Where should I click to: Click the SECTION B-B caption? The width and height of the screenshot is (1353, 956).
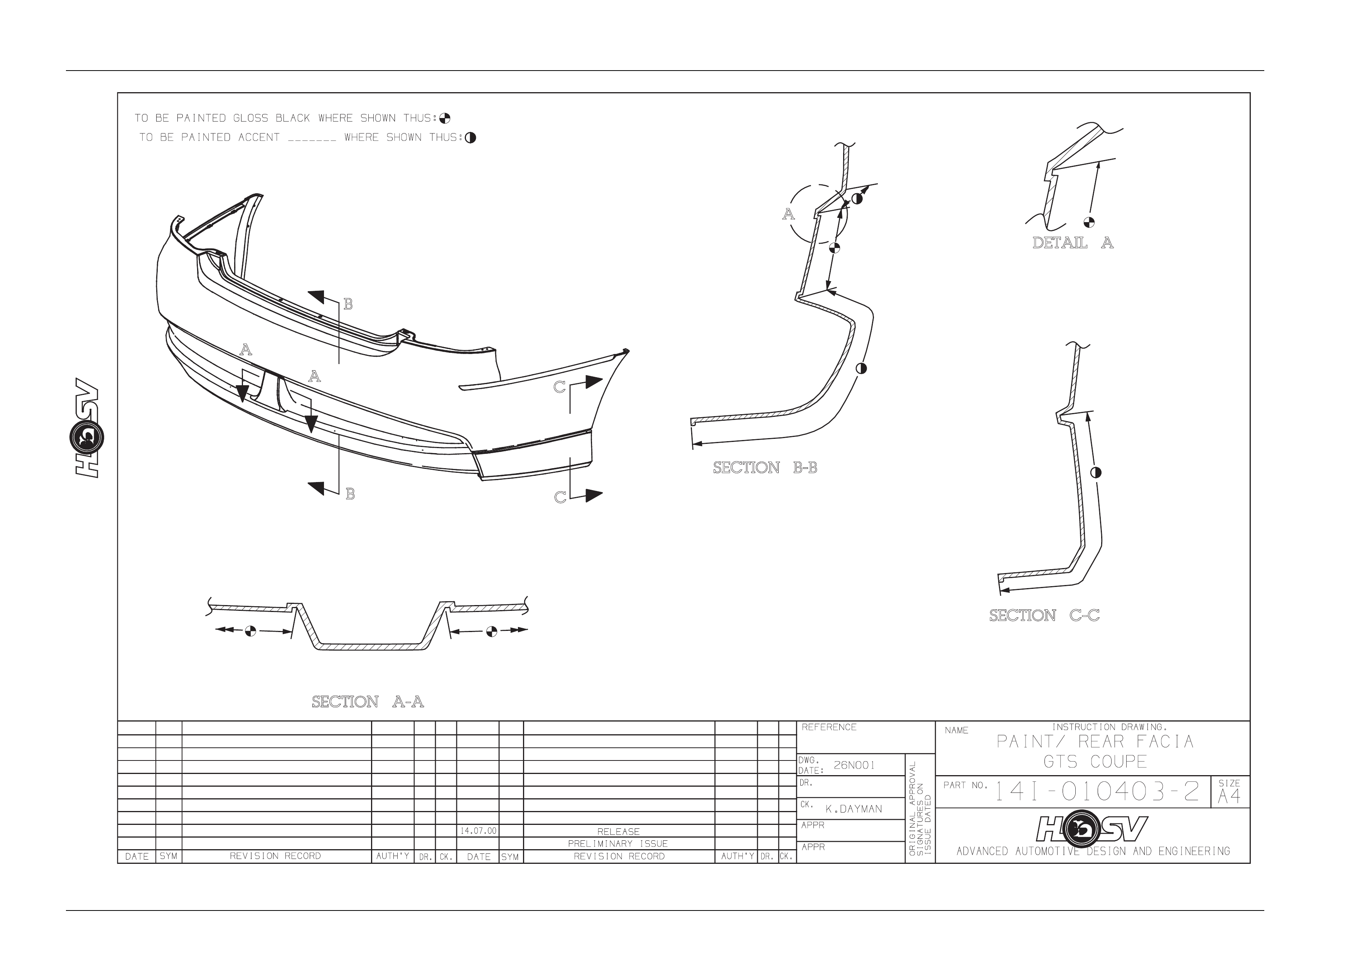tap(765, 468)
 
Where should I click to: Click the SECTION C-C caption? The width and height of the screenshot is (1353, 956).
tap(1044, 615)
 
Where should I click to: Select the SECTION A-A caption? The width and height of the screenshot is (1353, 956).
tap(368, 702)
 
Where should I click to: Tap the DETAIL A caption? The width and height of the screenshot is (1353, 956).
tap(1073, 243)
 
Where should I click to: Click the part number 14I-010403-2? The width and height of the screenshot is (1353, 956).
tap(1097, 792)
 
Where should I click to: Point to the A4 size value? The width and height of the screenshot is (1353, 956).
tap(1229, 797)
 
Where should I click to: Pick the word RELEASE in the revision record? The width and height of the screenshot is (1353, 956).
tap(618, 832)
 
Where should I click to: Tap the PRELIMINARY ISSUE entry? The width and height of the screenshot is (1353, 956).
tap(617, 843)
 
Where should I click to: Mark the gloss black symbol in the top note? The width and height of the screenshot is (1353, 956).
tap(445, 118)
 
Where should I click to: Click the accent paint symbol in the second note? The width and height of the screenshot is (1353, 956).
tap(470, 138)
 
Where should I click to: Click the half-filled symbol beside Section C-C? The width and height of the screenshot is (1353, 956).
tap(1096, 472)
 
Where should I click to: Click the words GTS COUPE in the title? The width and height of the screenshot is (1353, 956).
tap(1095, 762)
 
